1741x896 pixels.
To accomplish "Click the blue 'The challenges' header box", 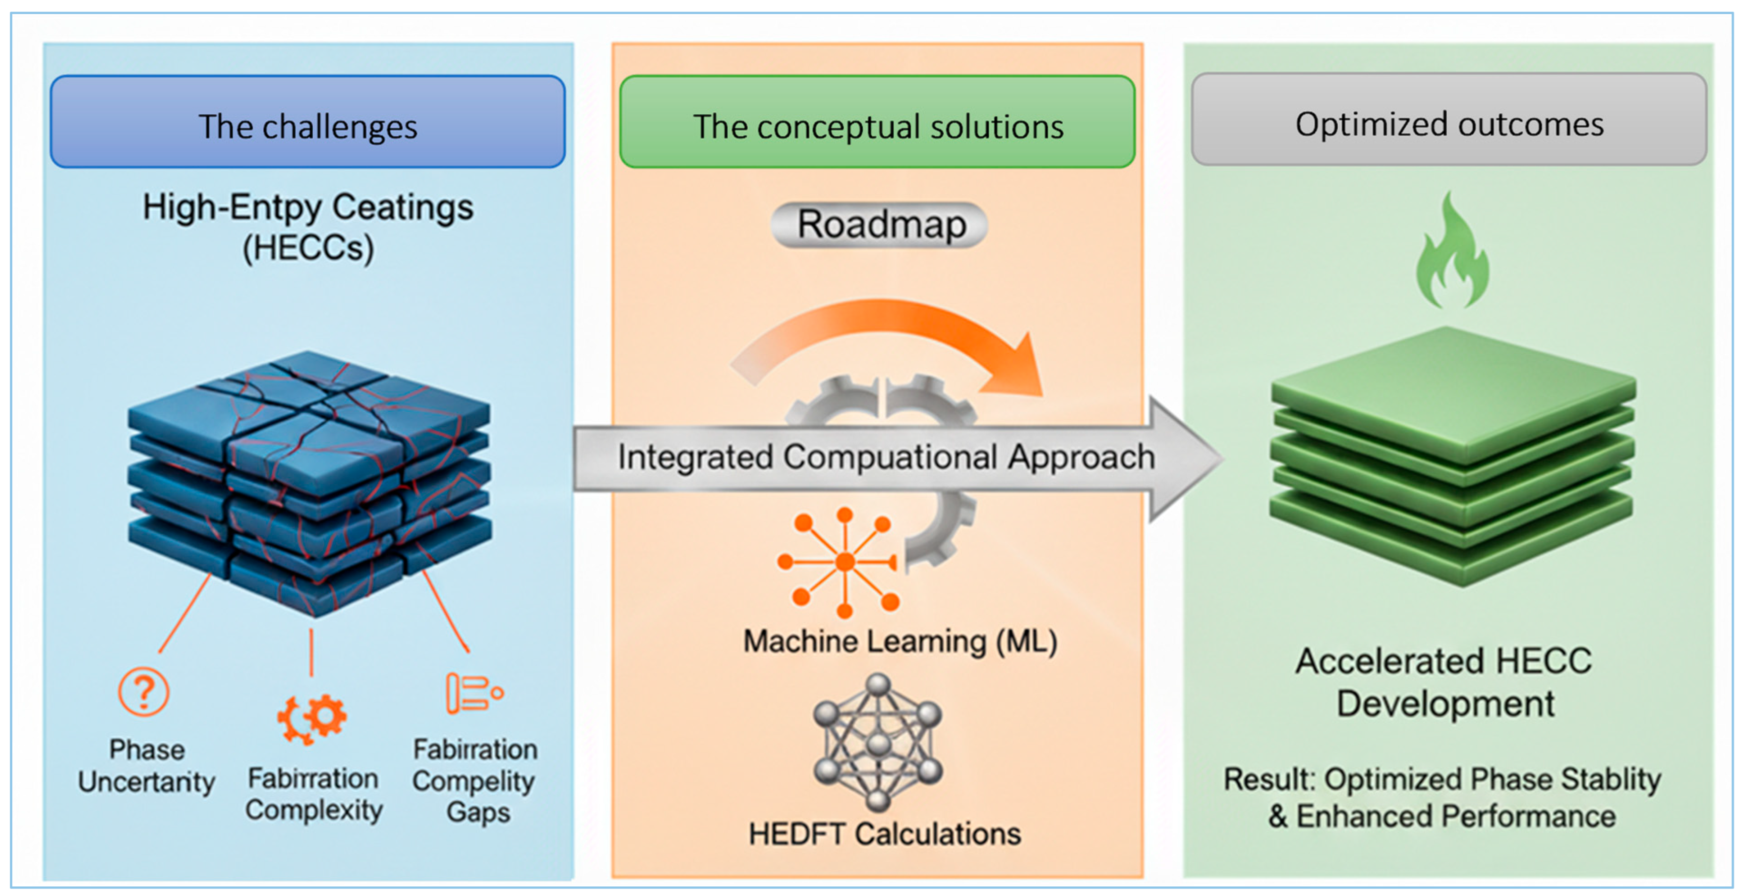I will click(308, 121).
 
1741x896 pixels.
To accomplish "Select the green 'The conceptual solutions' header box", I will click(877, 121).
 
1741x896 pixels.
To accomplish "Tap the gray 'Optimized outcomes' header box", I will click(1449, 119).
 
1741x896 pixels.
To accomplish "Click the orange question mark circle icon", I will click(143, 691).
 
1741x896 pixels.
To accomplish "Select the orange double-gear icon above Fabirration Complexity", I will click(312, 718).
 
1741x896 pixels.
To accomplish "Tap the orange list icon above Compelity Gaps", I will click(473, 692).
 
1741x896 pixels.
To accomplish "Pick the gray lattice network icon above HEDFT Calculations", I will click(877, 742).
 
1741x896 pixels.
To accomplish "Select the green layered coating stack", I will click(1452, 456).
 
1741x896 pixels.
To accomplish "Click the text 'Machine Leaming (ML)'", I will click(899, 641).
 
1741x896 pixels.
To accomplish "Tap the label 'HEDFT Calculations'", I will click(884, 834).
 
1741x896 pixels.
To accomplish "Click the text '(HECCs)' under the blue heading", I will click(308, 248).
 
